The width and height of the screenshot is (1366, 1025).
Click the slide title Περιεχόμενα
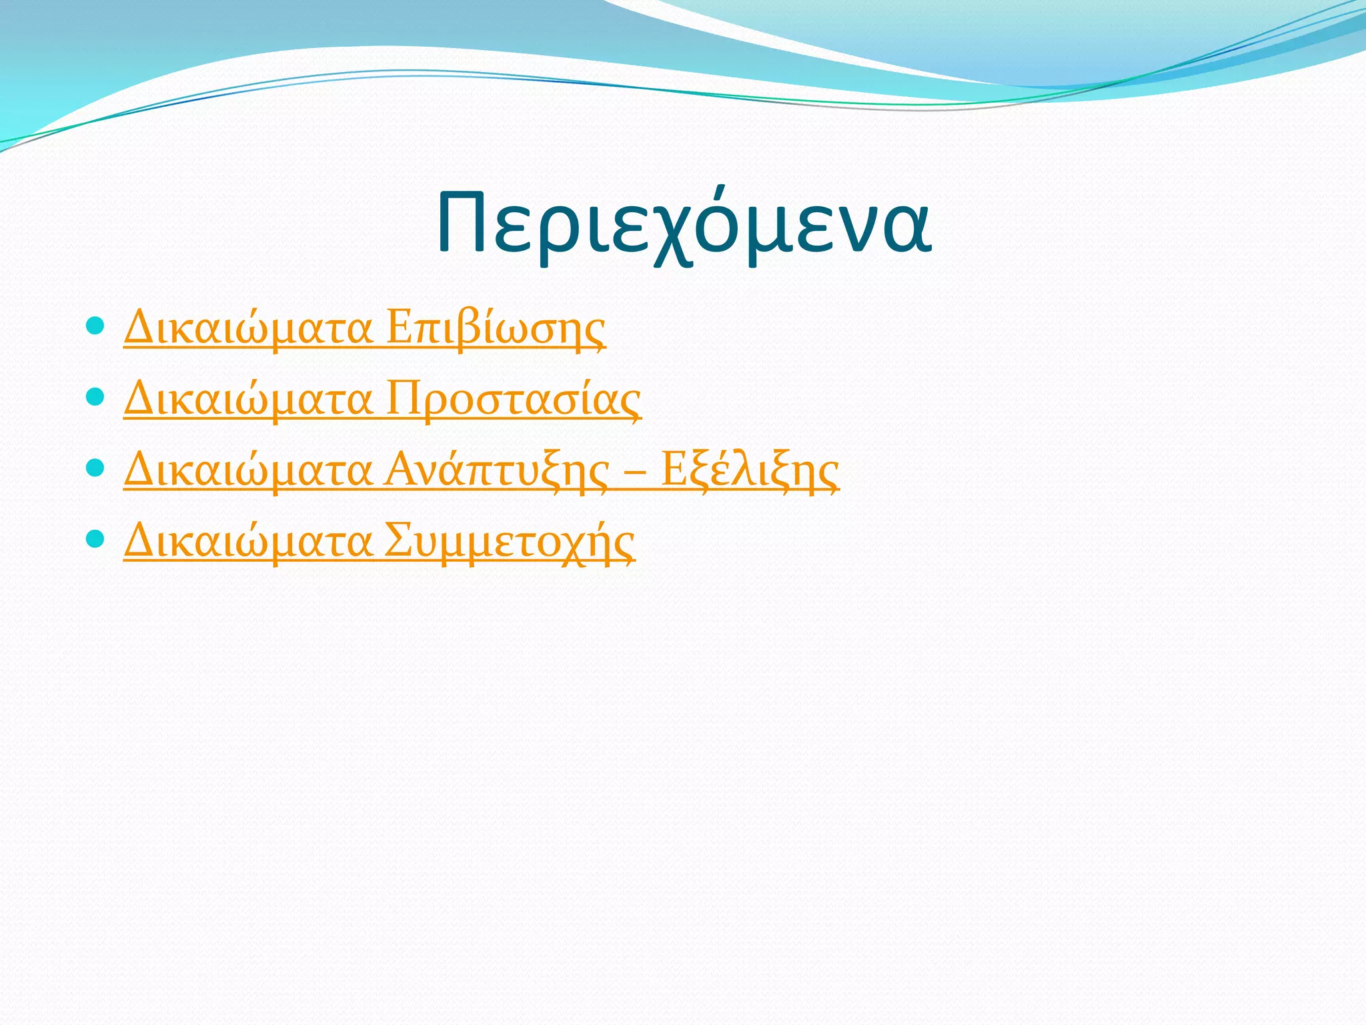click(684, 224)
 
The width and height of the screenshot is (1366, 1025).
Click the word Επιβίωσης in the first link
click(496, 328)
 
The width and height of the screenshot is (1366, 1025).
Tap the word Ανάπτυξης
click(497, 470)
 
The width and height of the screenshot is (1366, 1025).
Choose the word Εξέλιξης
click(750, 470)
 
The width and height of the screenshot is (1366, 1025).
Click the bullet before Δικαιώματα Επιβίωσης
click(96, 326)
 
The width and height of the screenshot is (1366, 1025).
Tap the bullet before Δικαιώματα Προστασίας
click(96, 397)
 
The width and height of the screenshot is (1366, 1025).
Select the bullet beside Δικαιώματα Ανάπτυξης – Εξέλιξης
click(96, 468)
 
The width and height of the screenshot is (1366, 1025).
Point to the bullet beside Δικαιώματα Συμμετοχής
click(96, 539)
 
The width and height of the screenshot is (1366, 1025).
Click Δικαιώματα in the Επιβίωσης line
click(247, 328)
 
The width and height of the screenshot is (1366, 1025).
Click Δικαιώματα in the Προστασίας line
click(247, 398)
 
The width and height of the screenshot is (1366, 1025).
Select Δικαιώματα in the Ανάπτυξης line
click(247, 470)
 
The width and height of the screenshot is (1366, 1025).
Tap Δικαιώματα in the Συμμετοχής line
click(247, 541)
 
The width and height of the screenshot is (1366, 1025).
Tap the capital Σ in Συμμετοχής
click(398, 540)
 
